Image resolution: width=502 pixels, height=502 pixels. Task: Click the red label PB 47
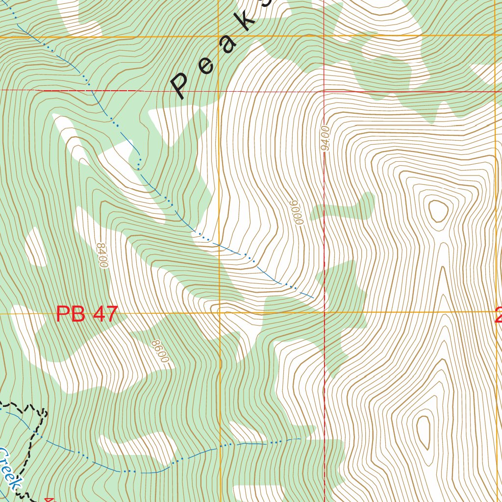(x=87, y=314)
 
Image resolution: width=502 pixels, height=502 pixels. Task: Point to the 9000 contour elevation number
(x=296, y=212)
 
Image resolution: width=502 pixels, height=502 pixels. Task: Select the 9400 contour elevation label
(x=325, y=138)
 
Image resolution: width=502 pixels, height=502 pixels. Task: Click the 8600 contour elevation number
(x=160, y=351)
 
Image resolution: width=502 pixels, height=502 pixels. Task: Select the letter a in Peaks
(x=227, y=43)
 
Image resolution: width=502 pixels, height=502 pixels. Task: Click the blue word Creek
(x=9, y=468)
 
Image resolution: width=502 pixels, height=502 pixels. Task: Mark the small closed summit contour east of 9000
(x=438, y=211)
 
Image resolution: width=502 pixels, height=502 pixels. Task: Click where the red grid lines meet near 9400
(x=324, y=91)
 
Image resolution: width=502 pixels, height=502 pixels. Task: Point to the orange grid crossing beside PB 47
(x=219, y=312)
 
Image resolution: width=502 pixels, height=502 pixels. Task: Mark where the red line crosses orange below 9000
(x=324, y=312)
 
